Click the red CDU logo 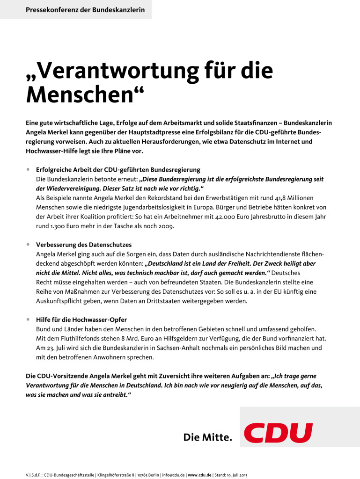278,433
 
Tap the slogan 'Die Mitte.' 207,438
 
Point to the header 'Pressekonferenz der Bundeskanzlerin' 85,9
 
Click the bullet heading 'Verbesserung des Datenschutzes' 84,245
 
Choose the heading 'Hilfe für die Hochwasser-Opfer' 81,320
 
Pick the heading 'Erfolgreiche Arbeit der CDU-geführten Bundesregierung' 118,170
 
